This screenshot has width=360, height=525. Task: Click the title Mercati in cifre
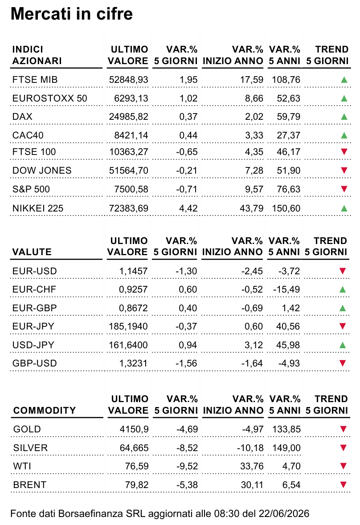pyautogui.click(x=72, y=14)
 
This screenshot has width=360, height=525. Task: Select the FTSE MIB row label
pyautogui.click(x=35, y=80)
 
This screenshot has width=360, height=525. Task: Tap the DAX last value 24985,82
pyautogui.click(x=129, y=117)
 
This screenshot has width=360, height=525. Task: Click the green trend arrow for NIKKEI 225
pyautogui.click(x=344, y=208)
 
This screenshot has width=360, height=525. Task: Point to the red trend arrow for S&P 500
pyautogui.click(x=344, y=189)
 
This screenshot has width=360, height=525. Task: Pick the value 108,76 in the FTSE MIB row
pyautogui.click(x=286, y=80)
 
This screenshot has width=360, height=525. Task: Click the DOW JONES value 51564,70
pyautogui.click(x=129, y=171)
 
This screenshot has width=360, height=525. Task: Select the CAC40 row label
pyautogui.click(x=28, y=135)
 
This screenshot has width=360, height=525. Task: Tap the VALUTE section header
pyautogui.click(x=32, y=252)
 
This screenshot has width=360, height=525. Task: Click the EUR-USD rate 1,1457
pyautogui.click(x=133, y=271)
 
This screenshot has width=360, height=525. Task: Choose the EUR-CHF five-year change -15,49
pyautogui.click(x=286, y=289)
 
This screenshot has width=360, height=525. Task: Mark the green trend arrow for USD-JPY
pyautogui.click(x=343, y=345)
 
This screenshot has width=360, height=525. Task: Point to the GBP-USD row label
pyautogui.click(x=34, y=363)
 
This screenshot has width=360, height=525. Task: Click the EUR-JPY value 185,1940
pyautogui.click(x=128, y=326)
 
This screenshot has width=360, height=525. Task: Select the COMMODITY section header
pyautogui.click(x=45, y=410)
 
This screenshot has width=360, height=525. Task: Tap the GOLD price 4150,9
pyautogui.click(x=134, y=429)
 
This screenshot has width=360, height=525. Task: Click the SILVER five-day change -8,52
pyautogui.click(x=187, y=448)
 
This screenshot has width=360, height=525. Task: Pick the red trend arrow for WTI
pyautogui.click(x=343, y=466)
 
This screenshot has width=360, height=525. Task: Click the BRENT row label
pyautogui.click(x=29, y=484)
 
